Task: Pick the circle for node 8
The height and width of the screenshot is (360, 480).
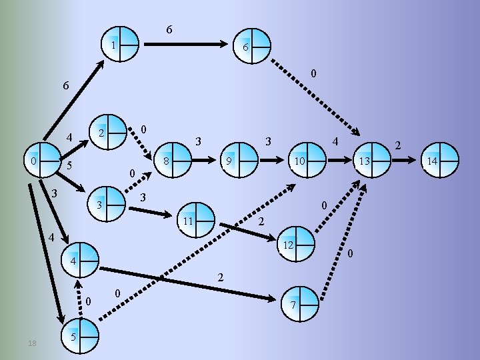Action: pos(172,160)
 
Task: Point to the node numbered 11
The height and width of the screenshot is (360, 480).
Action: pos(197,219)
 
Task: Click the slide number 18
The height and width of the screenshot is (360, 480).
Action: pos(32,343)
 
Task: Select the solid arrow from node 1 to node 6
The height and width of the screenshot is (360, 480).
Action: pos(186,45)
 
